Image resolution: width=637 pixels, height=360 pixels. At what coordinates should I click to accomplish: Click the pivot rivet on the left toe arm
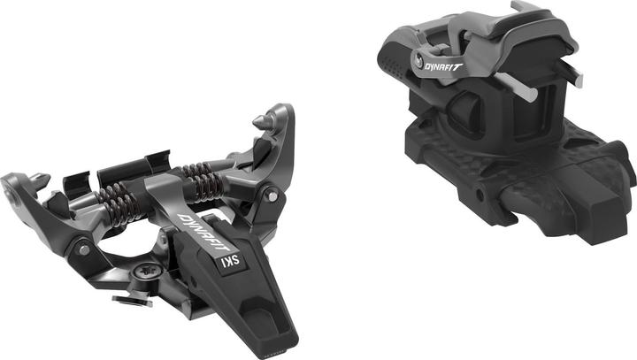pos(84,250)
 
